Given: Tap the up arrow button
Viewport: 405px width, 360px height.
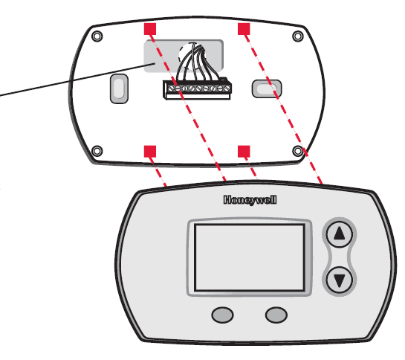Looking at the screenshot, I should (x=340, y=235).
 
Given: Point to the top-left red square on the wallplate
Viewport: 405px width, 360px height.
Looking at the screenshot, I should (x=149, y=29).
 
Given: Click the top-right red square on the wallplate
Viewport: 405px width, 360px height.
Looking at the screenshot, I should (x=243, y=29).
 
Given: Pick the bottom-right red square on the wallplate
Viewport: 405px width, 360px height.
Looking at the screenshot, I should (x=242, y=151).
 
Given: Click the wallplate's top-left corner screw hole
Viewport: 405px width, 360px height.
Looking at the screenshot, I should (x=96, y=36).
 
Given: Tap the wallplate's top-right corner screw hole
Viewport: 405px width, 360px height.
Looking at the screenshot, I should (x=297, y=36).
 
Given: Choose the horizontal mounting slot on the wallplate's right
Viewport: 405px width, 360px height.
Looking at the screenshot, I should (x=265, y=89).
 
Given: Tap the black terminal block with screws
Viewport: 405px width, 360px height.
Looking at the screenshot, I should (x=195, y=91).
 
